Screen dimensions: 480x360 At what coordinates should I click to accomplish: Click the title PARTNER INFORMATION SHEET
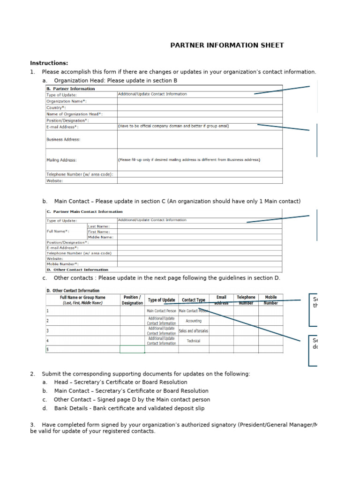tap(226, 45)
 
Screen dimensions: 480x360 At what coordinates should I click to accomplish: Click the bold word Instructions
tap(49, 63)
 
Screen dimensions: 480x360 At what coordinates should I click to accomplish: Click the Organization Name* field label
tap(66, 101)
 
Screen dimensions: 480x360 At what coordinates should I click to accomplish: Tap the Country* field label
tap(56, 107)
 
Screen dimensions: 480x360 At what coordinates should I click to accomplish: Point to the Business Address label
tap(63, 139)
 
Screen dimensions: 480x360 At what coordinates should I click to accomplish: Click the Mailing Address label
tap(61, 160)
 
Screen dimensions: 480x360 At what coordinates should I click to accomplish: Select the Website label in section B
tap(55, 180)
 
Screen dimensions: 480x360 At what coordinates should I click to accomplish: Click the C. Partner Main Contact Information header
tap(84, 211)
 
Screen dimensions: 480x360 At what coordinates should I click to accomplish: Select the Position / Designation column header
tap(132, 300)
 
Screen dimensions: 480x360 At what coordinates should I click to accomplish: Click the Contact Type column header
tap(194, 300)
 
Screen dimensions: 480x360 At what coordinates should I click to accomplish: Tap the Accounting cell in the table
tap(194, 321)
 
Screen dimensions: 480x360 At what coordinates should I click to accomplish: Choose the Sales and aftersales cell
tap(194, 331)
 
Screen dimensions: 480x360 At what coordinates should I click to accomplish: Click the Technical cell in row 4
tap(194, 341)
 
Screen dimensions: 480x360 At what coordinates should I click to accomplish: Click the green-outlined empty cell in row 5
tap(132, 349)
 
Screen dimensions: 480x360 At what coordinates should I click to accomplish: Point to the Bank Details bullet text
tap(129, 408)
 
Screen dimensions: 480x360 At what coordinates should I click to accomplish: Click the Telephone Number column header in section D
tap(246, 300)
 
